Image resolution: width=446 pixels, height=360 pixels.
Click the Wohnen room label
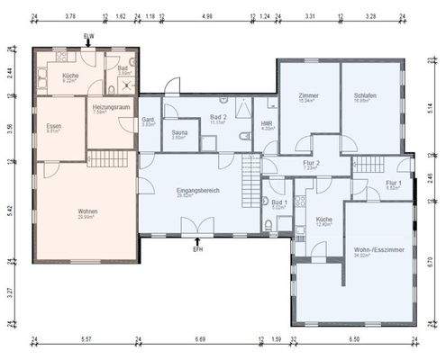point(87,212)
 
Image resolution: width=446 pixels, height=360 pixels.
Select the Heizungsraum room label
point(112,108)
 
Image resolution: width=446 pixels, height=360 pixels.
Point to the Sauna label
point(179,133)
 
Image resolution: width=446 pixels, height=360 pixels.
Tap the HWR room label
point(267,124)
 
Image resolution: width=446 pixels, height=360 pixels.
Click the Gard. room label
point(148,121)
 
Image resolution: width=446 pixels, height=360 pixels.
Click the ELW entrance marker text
point(87,35)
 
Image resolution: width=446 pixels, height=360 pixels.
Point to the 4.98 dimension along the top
point(207,15)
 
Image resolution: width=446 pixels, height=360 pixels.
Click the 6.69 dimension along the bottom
point(199,340)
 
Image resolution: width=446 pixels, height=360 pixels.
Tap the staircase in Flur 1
point(368,164)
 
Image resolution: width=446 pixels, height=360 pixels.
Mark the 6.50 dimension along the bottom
point(353,340)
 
